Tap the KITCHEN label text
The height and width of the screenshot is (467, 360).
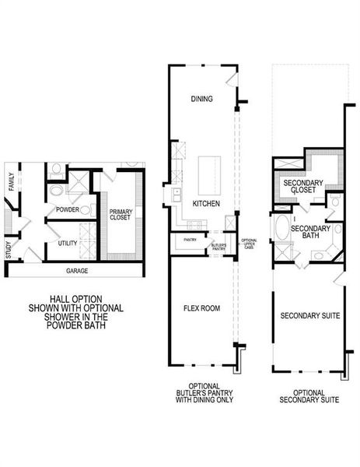[x=206, y=203]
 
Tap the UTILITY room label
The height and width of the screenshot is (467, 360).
[x=67, y=244]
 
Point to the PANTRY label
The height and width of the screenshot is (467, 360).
[x=189, y=241]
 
